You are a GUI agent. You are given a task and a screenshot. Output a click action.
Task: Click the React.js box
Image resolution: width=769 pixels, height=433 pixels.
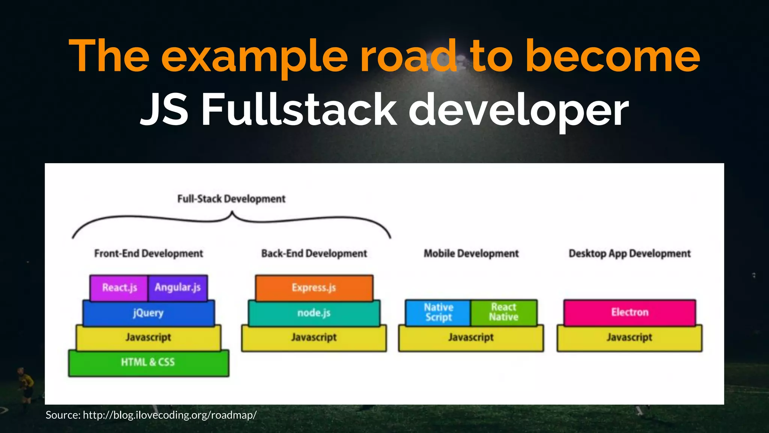coord(119,288)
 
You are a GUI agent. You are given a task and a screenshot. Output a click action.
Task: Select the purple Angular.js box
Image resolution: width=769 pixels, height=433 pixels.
coord(178,288)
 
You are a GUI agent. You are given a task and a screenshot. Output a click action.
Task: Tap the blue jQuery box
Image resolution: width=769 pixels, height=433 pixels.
coord(148,313)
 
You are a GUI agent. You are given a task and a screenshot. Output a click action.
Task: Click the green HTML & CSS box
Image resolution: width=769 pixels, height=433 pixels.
coord(148,362)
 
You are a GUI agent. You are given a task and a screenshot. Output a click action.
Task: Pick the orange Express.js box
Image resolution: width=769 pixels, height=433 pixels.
coord(314,288)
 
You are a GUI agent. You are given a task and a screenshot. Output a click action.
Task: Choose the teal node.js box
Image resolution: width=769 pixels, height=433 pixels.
coord(314,313)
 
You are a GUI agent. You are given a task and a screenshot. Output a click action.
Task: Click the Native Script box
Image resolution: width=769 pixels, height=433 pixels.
coord(438,312)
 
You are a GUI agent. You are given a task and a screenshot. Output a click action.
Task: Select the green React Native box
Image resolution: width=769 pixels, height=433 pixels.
coord(504,312)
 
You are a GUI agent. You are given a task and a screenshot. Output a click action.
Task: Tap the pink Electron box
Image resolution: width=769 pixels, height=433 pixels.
coord(630,312)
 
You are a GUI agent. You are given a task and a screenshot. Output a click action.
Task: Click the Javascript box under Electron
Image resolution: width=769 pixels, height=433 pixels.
coord(630,338)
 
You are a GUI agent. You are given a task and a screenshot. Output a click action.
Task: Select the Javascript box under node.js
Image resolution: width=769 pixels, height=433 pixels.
coord(314,338)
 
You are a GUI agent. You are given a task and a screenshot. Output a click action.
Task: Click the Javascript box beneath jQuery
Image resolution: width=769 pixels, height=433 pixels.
coord(148,338)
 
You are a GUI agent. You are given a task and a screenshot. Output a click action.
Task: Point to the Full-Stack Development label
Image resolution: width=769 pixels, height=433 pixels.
coord(231,199)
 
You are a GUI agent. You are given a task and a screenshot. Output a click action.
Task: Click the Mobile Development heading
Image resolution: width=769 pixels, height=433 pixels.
coord(471,254)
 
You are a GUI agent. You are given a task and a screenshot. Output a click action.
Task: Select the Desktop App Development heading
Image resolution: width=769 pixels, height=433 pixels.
coord(630,254)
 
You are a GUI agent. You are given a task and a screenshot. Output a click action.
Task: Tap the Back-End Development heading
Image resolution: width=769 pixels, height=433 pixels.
coord(314,254)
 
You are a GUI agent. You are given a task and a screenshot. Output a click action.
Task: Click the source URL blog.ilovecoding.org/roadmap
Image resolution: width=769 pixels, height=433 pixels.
coord(170,415)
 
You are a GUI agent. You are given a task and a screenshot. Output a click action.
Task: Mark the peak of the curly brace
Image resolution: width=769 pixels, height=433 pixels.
coord(232,213)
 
